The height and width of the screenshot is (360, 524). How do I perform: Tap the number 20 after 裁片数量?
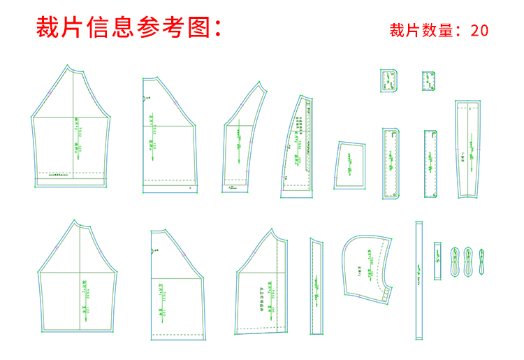479,30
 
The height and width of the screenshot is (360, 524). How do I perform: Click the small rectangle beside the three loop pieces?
438,260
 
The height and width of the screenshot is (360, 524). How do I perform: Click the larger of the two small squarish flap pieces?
388,81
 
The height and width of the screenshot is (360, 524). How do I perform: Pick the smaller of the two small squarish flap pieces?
428,81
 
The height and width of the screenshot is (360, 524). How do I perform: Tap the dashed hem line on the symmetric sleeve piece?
70,172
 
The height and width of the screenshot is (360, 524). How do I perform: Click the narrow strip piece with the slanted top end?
316,287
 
